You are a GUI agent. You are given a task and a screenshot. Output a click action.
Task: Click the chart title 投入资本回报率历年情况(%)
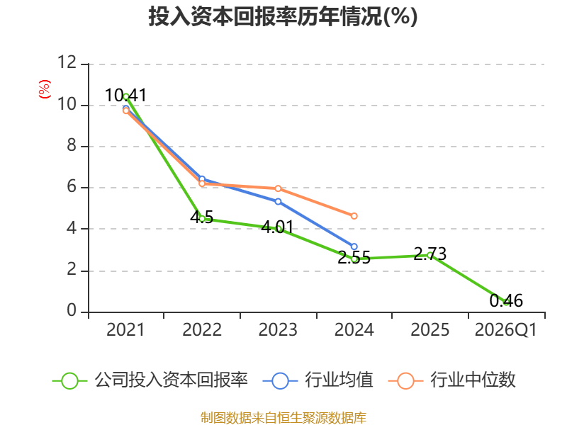[283, 16]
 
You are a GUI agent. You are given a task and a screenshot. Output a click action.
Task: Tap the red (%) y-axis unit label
[45, 89]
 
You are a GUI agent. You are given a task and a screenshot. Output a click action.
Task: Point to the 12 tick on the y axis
[67, 62]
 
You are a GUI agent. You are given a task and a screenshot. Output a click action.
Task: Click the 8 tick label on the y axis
[72, 145]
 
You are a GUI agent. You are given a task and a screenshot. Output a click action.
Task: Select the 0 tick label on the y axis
[72, 310]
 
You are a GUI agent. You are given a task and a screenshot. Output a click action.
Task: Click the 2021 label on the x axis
[125, 329]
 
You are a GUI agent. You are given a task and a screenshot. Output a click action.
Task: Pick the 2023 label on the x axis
[278, 329]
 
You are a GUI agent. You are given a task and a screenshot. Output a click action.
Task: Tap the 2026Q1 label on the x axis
[506, 329]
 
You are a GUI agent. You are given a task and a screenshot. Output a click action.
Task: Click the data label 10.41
[125, 96]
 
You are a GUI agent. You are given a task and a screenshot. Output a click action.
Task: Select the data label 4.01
[277, 227]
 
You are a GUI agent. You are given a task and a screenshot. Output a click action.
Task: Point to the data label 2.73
[430, 254]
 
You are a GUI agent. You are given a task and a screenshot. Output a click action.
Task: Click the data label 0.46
[506, 300]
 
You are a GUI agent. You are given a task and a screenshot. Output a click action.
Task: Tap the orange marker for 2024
[354, 216]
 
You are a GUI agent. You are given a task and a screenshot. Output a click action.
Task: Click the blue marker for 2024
[354, 246]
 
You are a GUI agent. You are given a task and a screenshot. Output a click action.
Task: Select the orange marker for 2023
[278, 188]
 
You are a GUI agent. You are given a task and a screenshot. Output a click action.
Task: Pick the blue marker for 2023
[278, 201]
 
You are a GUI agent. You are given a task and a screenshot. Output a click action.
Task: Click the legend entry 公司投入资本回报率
[150, 380]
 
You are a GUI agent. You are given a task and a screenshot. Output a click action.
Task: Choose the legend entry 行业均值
[318, 380]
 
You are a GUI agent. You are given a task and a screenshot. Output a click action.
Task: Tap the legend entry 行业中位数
[451, 380]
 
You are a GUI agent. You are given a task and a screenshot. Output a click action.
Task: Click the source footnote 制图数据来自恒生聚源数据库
[283, 418]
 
